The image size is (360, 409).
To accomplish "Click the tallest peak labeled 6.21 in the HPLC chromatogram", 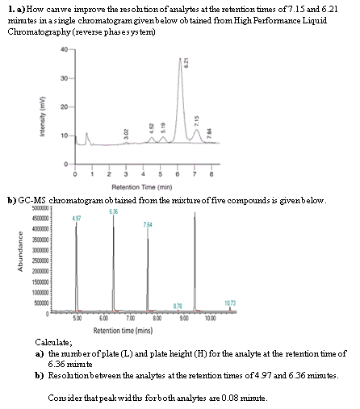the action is (x=181, y=60).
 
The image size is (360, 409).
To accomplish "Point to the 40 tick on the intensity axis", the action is (x=63, y=48).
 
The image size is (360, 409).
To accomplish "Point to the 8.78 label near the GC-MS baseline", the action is (x=178, y=305).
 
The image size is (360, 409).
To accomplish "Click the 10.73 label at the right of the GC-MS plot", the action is (x=230, y=303).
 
